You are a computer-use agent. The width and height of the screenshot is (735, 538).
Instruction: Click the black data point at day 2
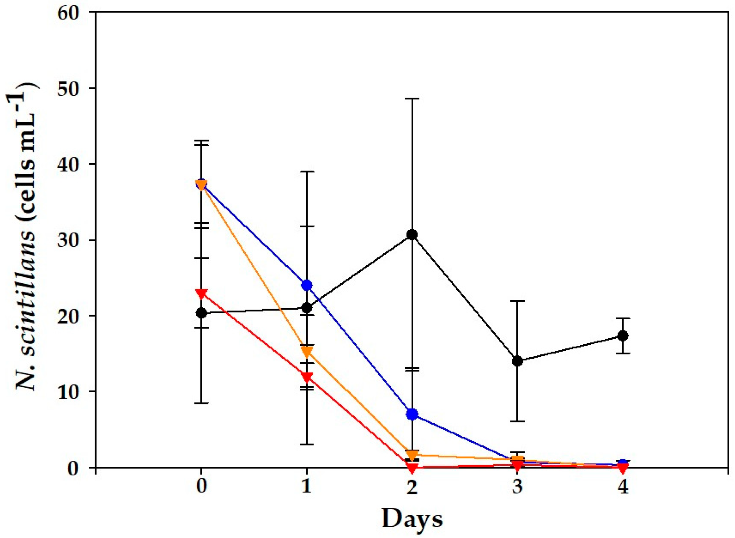412,235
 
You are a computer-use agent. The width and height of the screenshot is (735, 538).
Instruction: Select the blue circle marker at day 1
307,285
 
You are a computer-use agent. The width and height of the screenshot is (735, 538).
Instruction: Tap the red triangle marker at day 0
201,294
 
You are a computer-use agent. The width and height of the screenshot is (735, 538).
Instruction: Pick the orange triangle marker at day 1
307,352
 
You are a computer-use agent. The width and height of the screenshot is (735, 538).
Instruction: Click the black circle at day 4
623,336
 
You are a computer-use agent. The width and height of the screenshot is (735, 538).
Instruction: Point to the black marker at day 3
517,361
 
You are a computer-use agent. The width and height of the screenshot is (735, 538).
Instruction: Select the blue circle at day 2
412,415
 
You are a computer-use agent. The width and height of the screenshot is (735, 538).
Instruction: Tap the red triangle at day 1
307,377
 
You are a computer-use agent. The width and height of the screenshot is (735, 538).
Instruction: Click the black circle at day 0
201,313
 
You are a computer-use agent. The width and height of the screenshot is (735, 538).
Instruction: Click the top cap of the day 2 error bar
412,98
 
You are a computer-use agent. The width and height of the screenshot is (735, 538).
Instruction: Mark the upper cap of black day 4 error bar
623,318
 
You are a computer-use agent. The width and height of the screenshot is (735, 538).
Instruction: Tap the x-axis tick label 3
517,487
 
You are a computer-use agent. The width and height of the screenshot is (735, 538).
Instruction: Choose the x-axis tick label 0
201,487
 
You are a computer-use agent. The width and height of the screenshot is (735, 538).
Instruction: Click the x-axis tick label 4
623,487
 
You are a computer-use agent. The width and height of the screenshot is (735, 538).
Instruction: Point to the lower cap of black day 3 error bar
517,421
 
